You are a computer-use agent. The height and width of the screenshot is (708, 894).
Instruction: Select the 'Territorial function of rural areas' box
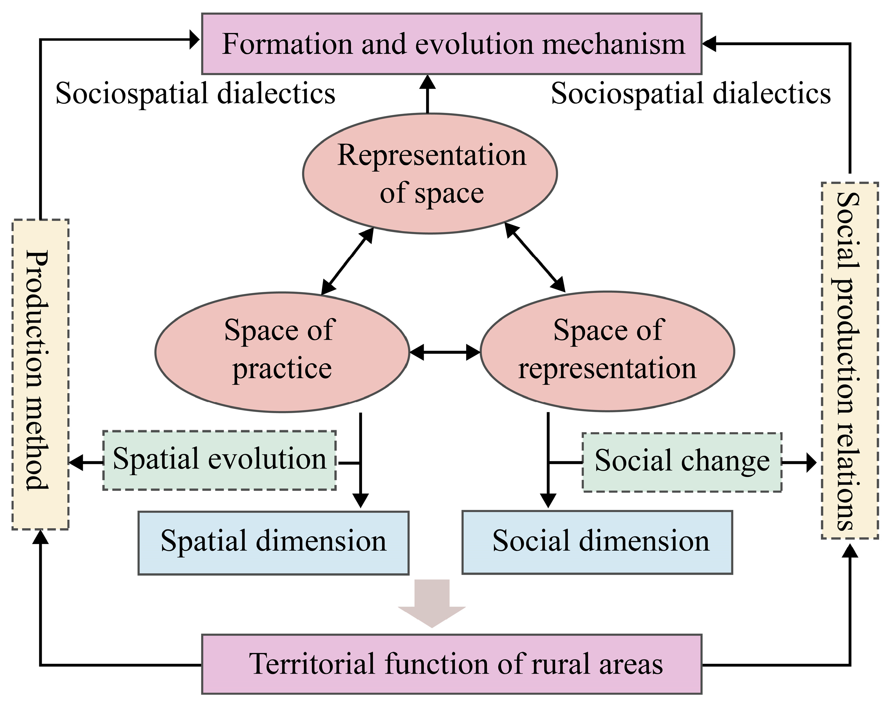pyautogui.click(x=452, y=664)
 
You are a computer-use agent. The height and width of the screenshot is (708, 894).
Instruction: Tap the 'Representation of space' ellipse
pyautogui.click(x=430, y=173)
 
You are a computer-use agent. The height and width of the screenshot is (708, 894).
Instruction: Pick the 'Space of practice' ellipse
pyautogui.click(x=282, y=352)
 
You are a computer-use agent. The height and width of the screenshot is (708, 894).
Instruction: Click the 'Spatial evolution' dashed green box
pyautogui.click(x=219, y=460)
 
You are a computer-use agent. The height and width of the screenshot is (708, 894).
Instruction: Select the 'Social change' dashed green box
pyautogui.click(x=682, y=462)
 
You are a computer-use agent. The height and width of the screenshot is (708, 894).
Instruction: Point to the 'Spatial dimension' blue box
pyautogui.click(x=274, y=543)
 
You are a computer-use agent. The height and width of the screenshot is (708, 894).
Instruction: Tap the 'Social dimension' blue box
pyautogui.click(x=597, y=542)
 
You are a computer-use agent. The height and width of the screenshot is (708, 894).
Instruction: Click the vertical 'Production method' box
pyautogui.click(x=40, y=374)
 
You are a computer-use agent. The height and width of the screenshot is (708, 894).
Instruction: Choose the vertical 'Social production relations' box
pyautogui.click(x=850, y=360)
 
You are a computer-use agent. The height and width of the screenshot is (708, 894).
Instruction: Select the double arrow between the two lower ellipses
pyautogui.click(x=445, y=352)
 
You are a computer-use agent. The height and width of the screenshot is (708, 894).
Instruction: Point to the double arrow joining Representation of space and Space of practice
pyautogui.click(x=347, y=261)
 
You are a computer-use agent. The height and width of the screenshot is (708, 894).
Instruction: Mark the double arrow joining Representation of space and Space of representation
pyautogui.click(x=535, y=257)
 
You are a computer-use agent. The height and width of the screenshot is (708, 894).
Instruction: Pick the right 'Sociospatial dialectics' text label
pyautogui.click(x=691, y=93)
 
